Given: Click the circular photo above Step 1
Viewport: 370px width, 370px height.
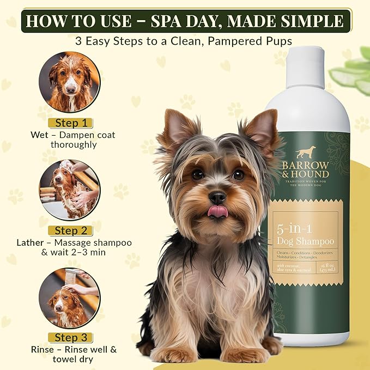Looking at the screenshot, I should tap(69, 82).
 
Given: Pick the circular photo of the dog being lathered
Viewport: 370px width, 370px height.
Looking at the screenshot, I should tap(69, 189).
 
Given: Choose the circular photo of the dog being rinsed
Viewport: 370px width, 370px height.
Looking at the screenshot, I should tap(69, 297).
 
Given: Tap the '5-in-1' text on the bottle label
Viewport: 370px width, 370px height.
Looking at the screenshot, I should tap(295, 229).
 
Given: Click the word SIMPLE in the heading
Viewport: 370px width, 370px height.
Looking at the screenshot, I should tap(309, 21).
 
